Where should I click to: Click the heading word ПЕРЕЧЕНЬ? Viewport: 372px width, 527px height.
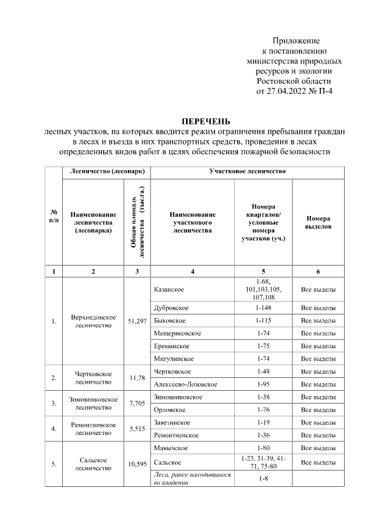coord(206,121)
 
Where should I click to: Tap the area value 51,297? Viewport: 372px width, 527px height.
coord(137,321)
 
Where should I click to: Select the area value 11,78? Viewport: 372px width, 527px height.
coord(137,378)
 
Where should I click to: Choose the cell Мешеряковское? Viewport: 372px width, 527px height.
coord(177,333)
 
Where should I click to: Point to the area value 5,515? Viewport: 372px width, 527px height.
coord(137,429)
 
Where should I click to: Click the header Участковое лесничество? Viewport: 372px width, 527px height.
coord(248,172)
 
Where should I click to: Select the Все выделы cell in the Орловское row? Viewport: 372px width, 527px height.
coord(318,410)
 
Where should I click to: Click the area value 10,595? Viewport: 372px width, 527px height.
coord(137,464)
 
